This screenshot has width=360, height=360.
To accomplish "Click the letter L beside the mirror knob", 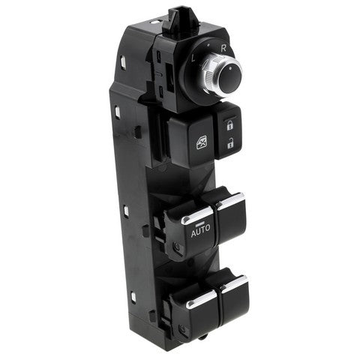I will pos(194,58).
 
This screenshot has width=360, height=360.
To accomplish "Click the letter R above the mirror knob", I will pos(223,48).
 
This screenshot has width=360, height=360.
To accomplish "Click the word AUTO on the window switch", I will pos(201,232).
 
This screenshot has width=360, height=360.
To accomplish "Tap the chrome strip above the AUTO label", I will pos(198,217).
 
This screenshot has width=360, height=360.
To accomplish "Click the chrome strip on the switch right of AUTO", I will pos(232,201).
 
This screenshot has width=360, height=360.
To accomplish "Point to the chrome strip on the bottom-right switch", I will pos(235,283).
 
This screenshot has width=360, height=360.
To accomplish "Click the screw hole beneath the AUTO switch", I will pos(177,247).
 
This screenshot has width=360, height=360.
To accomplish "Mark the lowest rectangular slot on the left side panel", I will pos(132,297).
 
